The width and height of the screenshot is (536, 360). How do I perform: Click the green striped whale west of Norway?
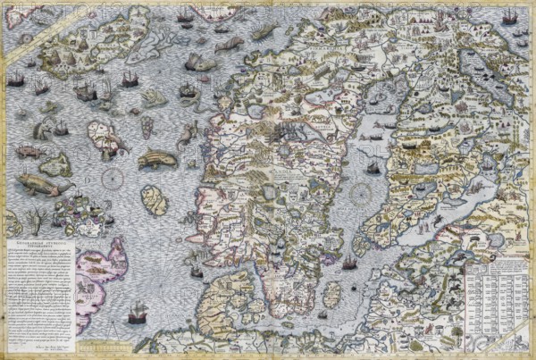(157, 160)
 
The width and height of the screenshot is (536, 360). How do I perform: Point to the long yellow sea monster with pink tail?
(40, 185)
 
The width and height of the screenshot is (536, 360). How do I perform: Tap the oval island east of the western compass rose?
(155, 199)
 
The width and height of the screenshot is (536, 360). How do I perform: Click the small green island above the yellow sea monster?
(56, 164)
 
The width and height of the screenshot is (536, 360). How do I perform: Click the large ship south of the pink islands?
(137, 314)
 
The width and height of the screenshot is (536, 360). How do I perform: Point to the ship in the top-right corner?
(509, 17)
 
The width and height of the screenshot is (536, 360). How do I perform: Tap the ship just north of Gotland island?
(349, 264)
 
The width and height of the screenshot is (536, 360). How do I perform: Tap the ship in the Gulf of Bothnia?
(373, 167)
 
